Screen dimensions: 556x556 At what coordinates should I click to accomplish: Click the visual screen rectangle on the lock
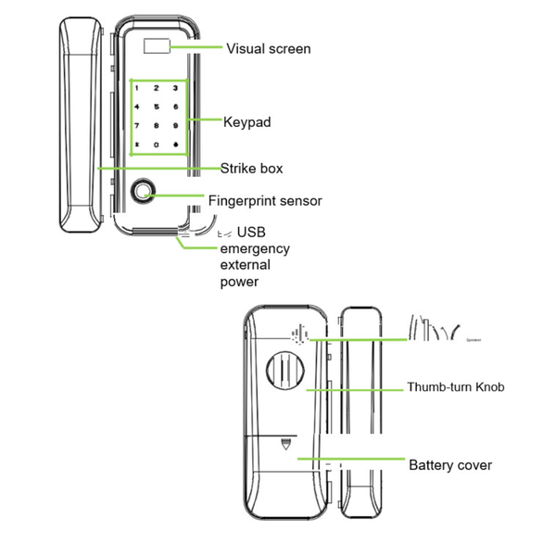pos(157,48)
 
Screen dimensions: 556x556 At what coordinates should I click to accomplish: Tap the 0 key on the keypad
pos(157,145)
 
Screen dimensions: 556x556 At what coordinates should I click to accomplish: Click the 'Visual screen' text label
pos(268,48)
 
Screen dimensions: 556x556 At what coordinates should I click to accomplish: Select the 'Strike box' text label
pos(251,169)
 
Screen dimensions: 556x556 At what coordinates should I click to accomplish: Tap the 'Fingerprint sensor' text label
pos(264,200)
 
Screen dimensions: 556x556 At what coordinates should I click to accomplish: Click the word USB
pos(252,232)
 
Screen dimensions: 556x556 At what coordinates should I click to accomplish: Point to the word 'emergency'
pos(254,248)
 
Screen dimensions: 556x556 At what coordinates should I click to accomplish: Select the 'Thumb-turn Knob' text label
pos(456,387)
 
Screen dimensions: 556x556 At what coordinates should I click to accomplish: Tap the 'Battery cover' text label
pos(450,464)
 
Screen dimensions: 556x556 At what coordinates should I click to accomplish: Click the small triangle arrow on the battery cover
pos(285,444)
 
